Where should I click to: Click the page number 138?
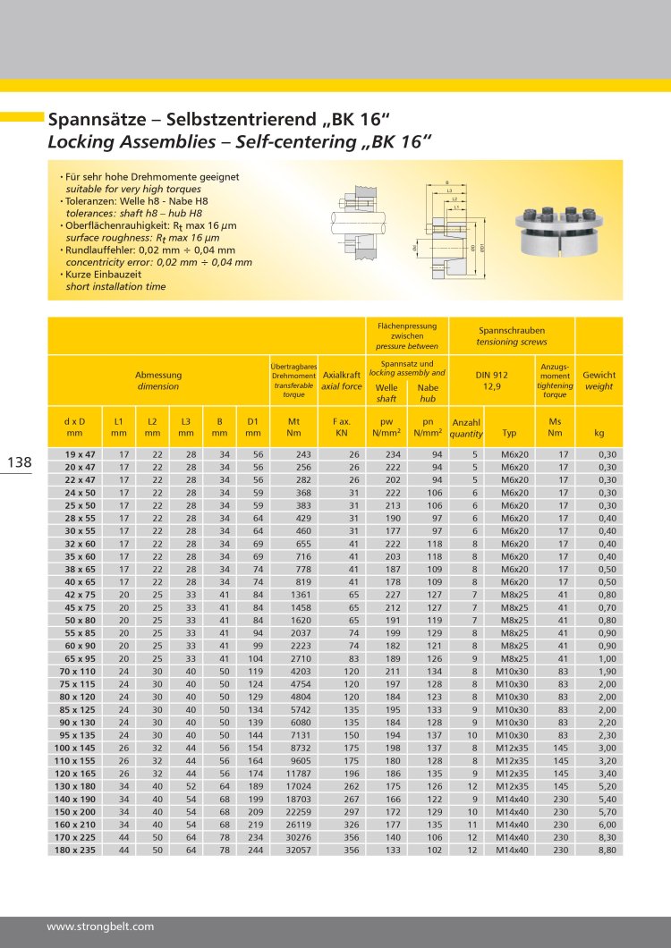[20, 462]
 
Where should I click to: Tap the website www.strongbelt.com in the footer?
[100, 927]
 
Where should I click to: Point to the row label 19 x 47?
[81, 454]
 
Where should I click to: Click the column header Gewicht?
[599, 376]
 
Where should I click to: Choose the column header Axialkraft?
[342, 376]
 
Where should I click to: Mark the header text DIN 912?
[491, 376]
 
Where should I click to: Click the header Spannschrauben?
[511, 330]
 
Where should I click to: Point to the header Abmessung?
[158, 376]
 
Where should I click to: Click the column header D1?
[253, 420]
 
